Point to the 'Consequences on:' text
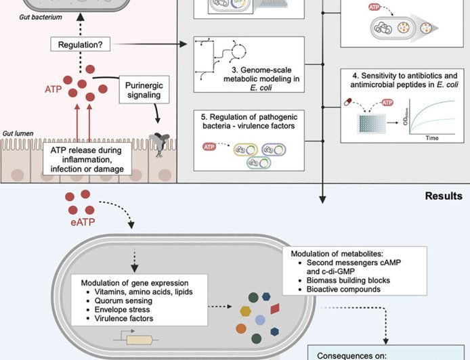[x=357, y=353]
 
